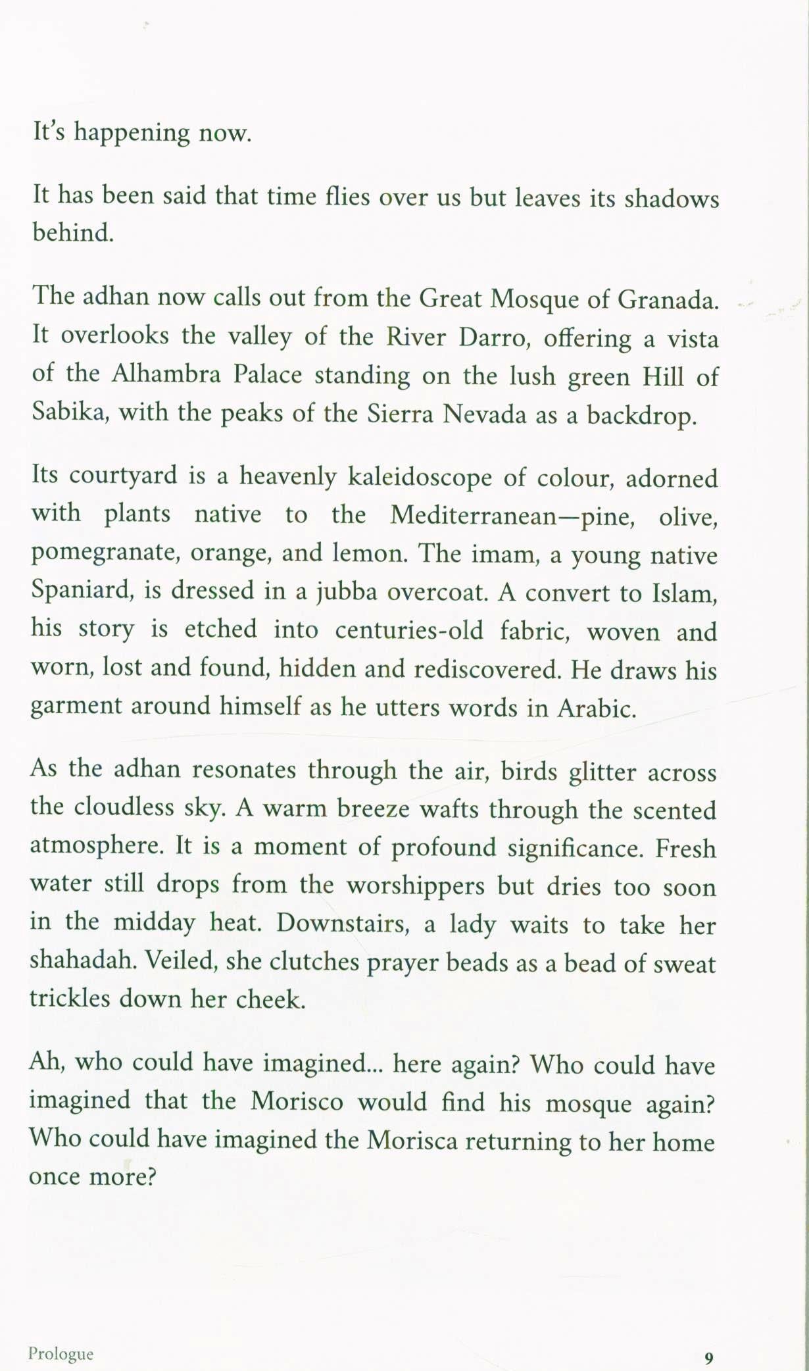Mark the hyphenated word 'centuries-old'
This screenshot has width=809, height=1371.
pyautogui.click(x=409, y=630)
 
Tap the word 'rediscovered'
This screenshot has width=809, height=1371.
pyautogui.click(x=486, y=669)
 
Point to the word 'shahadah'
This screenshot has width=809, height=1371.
pyautogui.click(x=83, y=960)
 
